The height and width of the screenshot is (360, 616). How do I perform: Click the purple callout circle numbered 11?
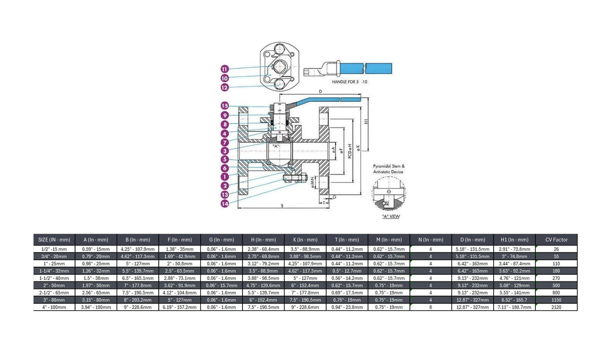coord(225,69)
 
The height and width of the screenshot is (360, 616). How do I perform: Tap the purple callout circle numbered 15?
coord(225,106)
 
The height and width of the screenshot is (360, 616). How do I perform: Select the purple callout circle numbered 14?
coord(225,204)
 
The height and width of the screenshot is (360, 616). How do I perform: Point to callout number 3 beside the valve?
coord(225,151)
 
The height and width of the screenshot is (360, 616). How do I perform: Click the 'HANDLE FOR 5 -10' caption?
coord(349,82)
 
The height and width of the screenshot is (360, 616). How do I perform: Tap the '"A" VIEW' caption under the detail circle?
coord(391,217)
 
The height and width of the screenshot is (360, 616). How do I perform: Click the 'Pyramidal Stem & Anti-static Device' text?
coord(389,169)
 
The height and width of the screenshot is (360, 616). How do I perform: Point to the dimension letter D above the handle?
coord(320,91)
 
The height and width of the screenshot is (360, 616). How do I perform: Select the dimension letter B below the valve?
coord(282,206)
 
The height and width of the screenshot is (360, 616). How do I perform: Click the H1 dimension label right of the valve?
coord(366,121)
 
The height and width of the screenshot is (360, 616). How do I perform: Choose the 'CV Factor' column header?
coord(556,240)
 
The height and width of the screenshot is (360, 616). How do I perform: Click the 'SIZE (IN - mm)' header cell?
coord(54,240)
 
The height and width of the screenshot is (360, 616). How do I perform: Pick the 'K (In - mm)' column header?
coord(305,240)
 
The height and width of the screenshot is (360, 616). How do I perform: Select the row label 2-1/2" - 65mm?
coord(54,293)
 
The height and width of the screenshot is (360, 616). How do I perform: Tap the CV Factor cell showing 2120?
coord(556,307)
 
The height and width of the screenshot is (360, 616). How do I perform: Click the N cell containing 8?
coord(431,307)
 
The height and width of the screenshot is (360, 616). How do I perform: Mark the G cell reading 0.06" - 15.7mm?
coord(222,285)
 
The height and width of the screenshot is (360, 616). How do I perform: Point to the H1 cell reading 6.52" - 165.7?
coord(515,300)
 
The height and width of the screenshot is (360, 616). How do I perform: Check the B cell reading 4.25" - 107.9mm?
coord(138,249)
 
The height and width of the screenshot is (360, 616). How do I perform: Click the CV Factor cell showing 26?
coord(556,249)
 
